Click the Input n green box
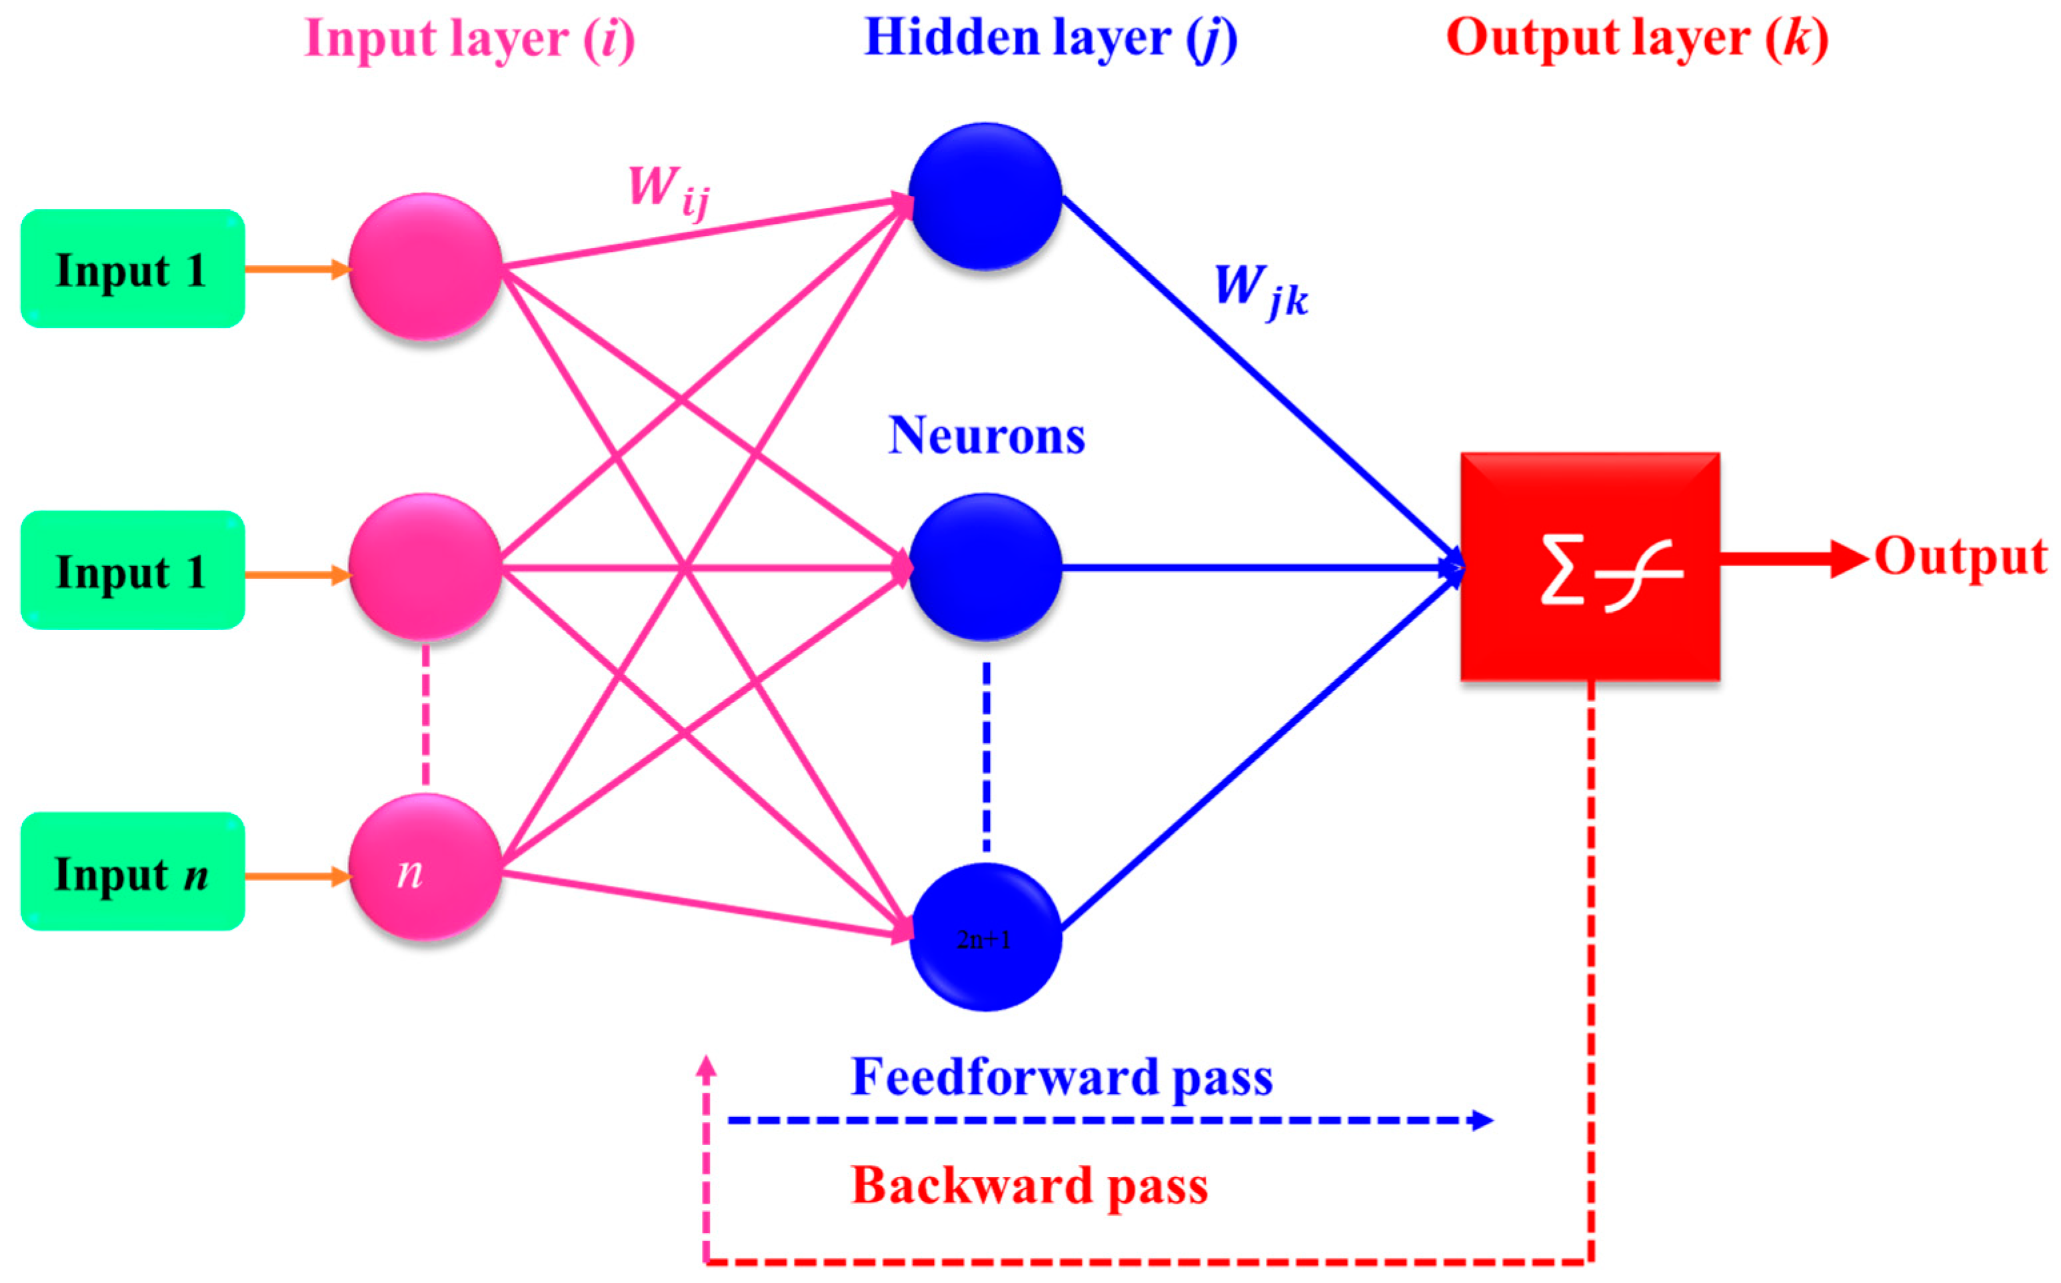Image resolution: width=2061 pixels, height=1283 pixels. (133, 872)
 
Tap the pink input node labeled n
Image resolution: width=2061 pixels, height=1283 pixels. (425, 867)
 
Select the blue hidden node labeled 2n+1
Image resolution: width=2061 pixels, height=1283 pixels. (985, 938)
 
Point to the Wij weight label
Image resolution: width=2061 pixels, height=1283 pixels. (668, 191)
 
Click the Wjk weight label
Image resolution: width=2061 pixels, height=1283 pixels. (1261, 290)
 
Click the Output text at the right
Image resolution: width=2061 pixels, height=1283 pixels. (1961, 557)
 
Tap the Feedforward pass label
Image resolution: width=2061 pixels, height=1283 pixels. (1061, 1078)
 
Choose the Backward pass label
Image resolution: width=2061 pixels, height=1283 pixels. (1029, 1186)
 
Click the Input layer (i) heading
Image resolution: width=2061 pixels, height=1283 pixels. (469, 39)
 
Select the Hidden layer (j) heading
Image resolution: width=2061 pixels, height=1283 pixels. (1050, 39)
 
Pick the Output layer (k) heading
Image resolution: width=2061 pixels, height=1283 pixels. (1637, 39)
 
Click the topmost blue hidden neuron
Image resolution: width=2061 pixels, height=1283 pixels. (985, 197)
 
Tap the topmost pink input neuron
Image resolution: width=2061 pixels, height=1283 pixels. (425, 267)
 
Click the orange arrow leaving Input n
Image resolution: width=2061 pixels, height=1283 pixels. (297, 876)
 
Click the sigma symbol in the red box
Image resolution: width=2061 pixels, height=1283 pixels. (1562, 569)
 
